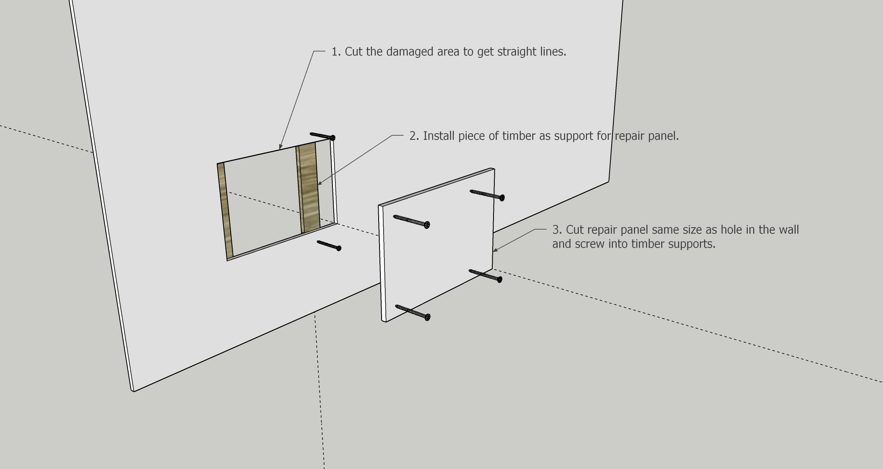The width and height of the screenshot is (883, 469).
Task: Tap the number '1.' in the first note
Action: [336, 52]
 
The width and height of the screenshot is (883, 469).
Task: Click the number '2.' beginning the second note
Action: [414, 136]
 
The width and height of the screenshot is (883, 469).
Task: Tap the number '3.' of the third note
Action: [557, 230]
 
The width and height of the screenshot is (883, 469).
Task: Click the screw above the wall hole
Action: [322, 136]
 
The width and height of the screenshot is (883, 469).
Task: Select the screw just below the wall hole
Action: [329, 246]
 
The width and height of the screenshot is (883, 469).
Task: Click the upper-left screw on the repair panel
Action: [412, 222]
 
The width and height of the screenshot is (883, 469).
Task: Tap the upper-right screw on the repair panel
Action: [487, 195]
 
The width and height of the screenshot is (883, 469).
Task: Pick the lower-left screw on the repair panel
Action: [413, 313]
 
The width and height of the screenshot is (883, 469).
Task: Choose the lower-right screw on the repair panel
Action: [486, 275]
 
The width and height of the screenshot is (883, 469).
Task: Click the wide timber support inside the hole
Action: [308, 188]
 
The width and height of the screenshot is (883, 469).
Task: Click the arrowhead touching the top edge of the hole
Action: [281, 146]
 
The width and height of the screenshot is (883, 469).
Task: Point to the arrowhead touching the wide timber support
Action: [320, 182]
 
